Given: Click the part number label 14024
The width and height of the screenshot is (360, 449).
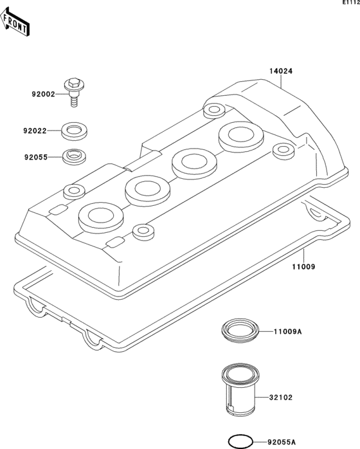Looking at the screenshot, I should tap(280, 71).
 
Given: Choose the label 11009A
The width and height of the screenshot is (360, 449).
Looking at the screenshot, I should tap(287, 332).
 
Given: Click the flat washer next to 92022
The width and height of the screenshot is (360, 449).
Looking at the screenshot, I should tap(75, 131).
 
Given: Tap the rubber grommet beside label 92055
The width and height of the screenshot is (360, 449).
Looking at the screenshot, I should tap(74, 156).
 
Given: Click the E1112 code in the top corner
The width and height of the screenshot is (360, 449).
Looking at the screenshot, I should tap(349, 4).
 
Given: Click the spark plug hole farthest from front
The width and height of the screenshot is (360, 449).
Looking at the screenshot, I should tap(239, 135).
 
